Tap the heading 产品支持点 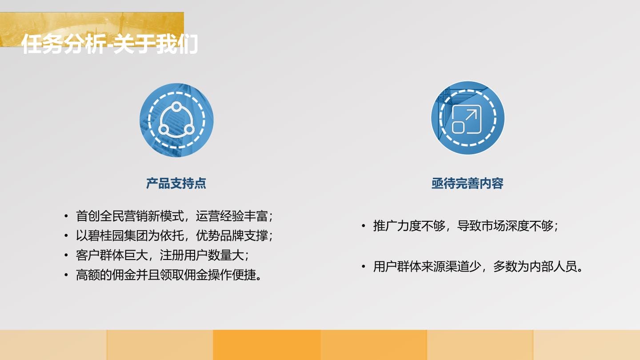(176, 184)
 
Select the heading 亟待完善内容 (468, 184)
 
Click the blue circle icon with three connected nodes (176, 120)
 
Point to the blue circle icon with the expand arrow (468, 118)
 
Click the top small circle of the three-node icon (176, 107)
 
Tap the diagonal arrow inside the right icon (471, 116)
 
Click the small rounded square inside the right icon (459, 128)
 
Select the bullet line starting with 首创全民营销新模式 (174, 216)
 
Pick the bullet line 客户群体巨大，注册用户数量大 (162, 256)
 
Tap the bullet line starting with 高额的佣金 (168, 275)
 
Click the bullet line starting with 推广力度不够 (465, 226)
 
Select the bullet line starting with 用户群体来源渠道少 (478, 267)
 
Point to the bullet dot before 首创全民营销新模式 (66, 216)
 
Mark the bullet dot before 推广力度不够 (364, 226)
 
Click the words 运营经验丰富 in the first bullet (232, 216)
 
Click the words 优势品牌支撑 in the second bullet (232, 236)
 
